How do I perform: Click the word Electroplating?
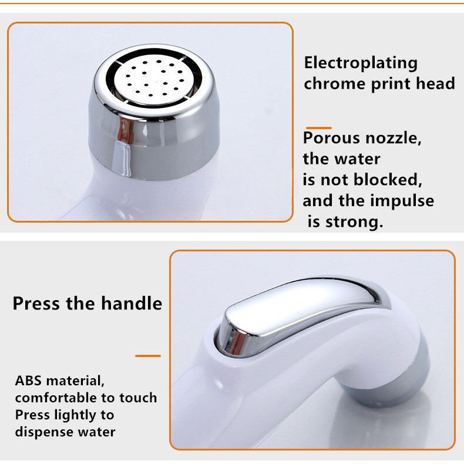[361, 63]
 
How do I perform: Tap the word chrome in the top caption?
[334, 83]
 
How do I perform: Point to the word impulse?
[402, 201]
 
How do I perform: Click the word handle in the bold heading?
[131, 304]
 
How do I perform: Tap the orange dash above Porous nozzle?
[318, 127]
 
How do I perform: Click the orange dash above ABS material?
[147, 355]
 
